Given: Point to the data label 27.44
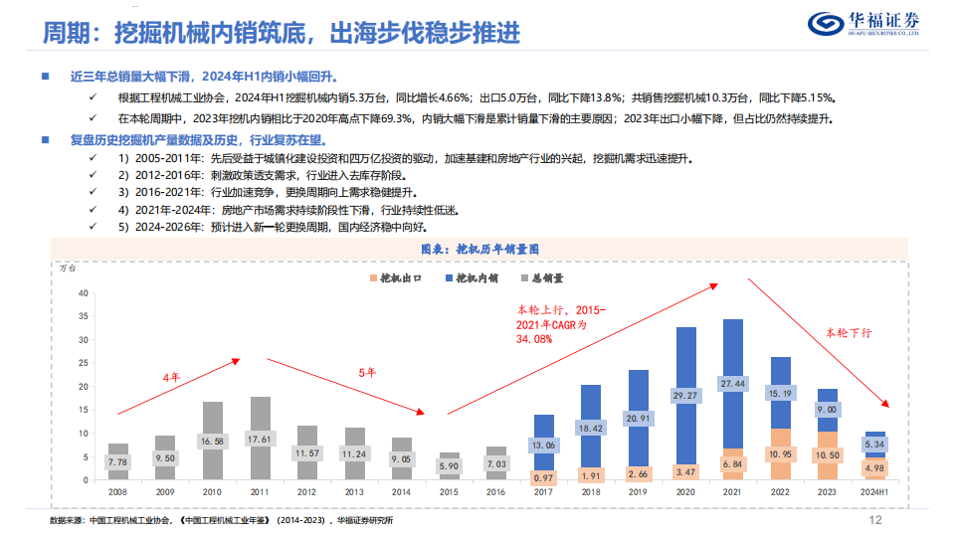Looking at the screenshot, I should coord(733,383).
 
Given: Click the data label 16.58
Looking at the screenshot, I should coord(212,441).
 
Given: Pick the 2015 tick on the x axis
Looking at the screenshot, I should coord(450,491).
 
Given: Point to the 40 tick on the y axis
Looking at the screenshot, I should coord(84,292).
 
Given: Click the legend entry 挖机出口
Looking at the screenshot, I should coord(398,279).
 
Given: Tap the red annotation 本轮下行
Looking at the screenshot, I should coord(849,332).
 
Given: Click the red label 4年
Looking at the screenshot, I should coord(171,377).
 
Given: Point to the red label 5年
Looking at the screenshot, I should coord(366,373).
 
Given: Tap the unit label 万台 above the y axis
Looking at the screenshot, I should coord(69,268).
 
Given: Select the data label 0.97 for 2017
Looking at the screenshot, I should coord(543,477).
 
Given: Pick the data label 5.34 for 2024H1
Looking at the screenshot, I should coord(875,444).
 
